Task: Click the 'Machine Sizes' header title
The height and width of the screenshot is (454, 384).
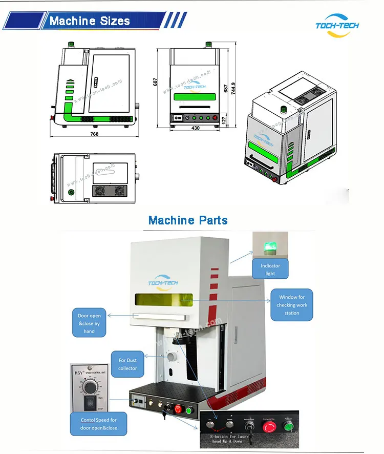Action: click(x=90, y=21)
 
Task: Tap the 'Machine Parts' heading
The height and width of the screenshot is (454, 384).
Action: click(x=188, y=220)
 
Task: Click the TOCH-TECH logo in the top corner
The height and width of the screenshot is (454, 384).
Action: click(x=337, y=25)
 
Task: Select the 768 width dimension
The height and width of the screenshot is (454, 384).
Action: click(x=94, y=134)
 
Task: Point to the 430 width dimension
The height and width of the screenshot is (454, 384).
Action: click(x=195, y=128)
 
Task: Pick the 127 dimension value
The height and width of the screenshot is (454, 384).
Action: click(x=223, y=119)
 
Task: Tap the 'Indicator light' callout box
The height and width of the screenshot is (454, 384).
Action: click(x=270, y=270)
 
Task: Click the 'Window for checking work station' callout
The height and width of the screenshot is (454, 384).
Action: click(x=291, y=304)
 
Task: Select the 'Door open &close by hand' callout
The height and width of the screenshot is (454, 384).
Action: click(x=89, y=323)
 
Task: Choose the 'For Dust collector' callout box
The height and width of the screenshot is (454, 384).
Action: click(x=127, y=364)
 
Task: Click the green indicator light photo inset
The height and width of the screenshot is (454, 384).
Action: click(x=270, y=244)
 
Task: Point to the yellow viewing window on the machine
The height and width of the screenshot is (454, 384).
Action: click(x=163, y=302)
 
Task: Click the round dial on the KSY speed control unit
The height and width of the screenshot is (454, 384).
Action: click(x=90, y=384)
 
